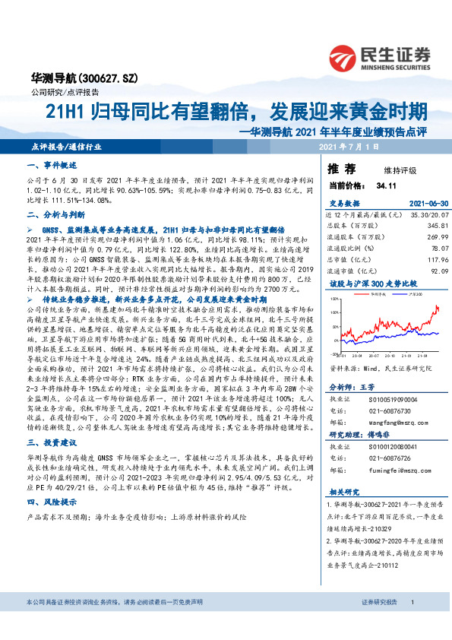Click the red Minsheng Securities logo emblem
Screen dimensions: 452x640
345,55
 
